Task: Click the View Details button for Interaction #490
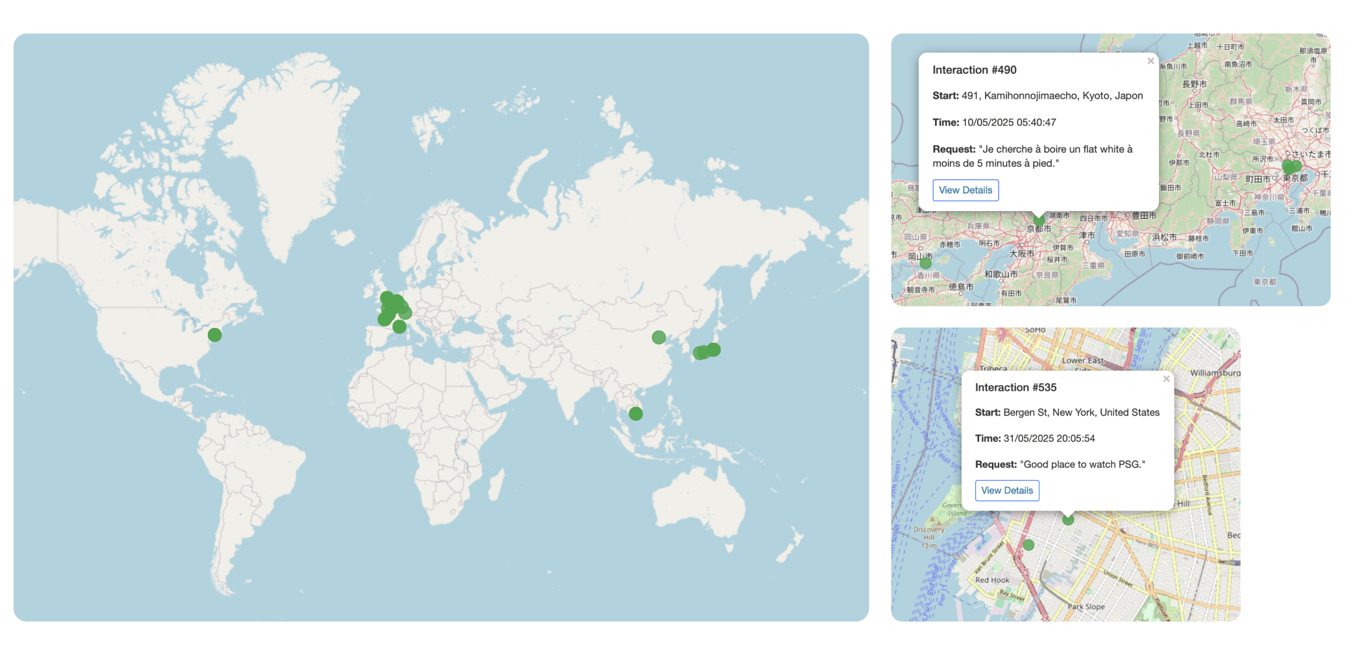pos(965,190)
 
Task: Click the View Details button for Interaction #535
pos(1007,490)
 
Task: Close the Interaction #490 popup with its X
pos(1150,61)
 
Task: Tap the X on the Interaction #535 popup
pos(1166,379)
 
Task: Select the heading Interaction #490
pos(975,70)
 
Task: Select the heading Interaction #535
pos(1015,388)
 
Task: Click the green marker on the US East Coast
pos(215,335)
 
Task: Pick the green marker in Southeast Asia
pos(636,414)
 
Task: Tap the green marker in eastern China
pos(659,338)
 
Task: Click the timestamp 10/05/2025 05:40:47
pos(1009,123)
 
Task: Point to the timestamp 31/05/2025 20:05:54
pos(1049,438)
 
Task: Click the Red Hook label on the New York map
pos(992,580)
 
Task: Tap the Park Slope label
pos(1086,607)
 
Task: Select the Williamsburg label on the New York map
pos(1215,373)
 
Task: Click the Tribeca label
pos(993,368)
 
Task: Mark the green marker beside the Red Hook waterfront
pos(1028,545)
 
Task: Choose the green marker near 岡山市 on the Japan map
pos(926,263)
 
